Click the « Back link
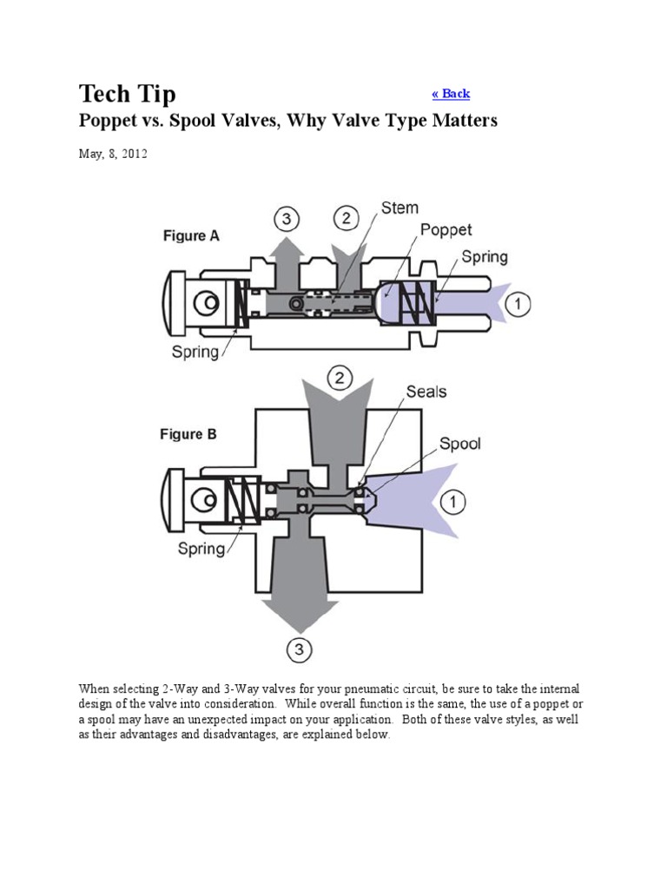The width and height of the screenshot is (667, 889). coord(451,94)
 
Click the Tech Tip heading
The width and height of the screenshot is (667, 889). coord(127,93)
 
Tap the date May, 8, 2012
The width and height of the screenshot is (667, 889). coord(113,154)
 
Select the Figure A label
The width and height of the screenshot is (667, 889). coord(191,235)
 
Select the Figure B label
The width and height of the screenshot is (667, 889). coord(188,435)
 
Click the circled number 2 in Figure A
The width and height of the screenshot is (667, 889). coord(347,218)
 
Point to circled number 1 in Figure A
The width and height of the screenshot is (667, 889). coord(518,305)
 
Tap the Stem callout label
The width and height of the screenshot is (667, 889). coord(400,208)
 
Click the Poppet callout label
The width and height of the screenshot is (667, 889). coord(446,230)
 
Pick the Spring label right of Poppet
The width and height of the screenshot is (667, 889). coord(484,257)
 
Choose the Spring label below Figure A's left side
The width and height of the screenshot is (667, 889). coord(195,352)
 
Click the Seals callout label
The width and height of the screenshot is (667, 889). coord(426,392)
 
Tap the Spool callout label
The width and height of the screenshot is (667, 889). coord(459,444)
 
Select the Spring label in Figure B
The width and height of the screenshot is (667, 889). coord(201,548)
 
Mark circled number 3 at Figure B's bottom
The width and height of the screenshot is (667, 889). coord(300,649)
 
